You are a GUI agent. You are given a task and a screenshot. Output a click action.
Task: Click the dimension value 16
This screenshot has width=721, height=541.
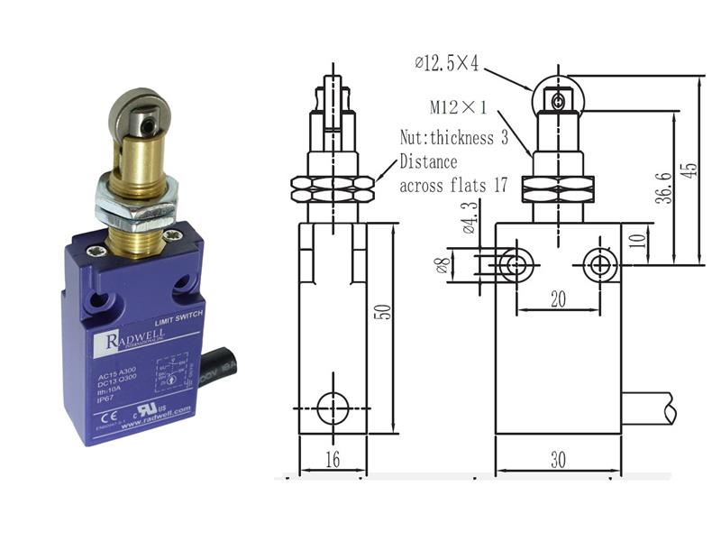333,460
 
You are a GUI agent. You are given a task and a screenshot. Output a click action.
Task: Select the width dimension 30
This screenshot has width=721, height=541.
558,460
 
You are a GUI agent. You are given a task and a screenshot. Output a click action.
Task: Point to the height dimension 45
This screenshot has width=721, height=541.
689,171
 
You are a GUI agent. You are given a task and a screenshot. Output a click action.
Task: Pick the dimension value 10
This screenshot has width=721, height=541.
636,242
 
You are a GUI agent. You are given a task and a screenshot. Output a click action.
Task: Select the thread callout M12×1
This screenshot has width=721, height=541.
458,108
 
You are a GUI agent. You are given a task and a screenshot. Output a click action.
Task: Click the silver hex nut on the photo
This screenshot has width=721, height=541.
137,200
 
